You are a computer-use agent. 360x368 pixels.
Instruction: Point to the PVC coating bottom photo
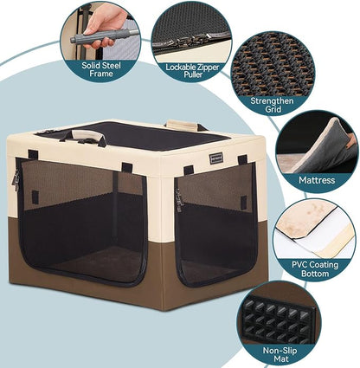[x=316, y=223]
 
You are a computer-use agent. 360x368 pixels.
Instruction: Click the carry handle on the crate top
[x=87, y=135]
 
